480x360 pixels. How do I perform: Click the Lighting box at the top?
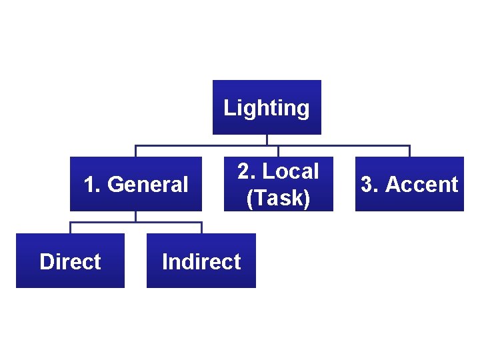267,107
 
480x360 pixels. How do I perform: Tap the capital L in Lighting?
228,107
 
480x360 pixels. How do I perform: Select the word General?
148,184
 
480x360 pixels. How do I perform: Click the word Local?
291,171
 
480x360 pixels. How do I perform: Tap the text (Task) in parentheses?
279,197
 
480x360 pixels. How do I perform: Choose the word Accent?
422,184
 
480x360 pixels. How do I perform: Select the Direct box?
70,261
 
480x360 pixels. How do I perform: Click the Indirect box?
201,261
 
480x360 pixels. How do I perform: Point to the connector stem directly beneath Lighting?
267,140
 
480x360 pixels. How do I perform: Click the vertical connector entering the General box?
136,151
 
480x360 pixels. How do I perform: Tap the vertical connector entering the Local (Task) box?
279,151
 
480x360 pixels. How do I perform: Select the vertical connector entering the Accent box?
409,151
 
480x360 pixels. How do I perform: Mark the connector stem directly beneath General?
136,217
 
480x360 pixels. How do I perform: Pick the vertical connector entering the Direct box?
71,228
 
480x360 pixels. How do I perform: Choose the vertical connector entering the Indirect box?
201,228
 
